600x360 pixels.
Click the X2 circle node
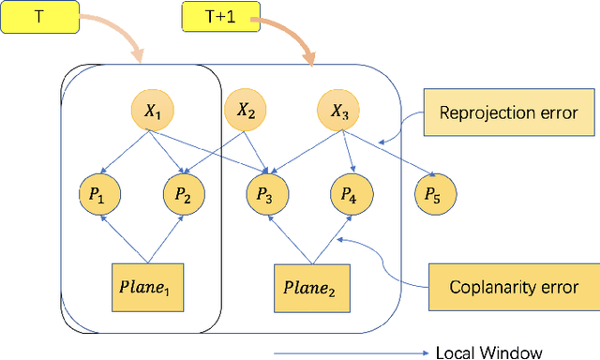(x=246, y=112)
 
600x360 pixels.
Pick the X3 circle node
(x=338, y=113)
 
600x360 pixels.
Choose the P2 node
(x=183, y=194)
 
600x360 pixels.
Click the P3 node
(x=265, y=194)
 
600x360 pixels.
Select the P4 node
(x=349, y=194)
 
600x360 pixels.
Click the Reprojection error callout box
(x=511, y=113)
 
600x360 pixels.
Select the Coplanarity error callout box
(x=513, y=287)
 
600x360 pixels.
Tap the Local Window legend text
(x=488, y=352)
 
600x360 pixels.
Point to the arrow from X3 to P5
(x=389, y=155)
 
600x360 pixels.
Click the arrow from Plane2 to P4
(x=329, y=238)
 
